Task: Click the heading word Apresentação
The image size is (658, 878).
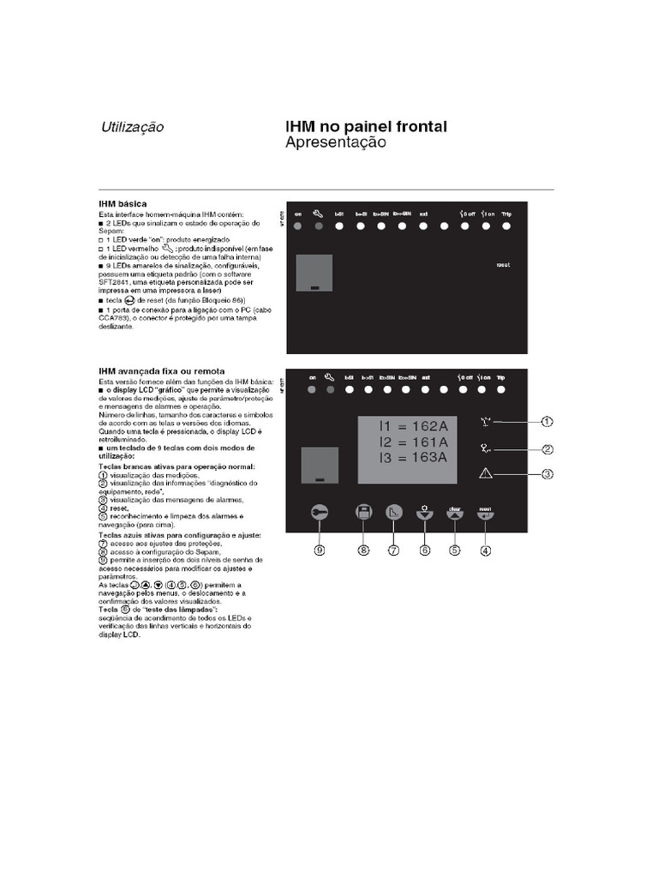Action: [336, 143]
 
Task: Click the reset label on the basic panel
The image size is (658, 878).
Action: [503, 265]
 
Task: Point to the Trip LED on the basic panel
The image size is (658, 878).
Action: [507, 226]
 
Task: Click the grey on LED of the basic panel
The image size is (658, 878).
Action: [297, 226]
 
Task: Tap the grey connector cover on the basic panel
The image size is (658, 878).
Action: [313, 274]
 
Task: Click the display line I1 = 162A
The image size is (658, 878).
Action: [416, 425]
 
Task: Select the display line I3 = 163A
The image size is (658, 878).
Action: [416, 457]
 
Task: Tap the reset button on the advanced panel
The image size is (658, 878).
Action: [485, 513]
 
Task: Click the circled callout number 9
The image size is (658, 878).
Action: [320, 551]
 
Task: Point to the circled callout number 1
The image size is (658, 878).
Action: [547, 421]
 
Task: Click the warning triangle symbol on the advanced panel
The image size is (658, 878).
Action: [486, 472]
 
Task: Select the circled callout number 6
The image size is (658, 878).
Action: [424, 551]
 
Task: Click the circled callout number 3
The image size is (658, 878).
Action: [547, 473]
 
